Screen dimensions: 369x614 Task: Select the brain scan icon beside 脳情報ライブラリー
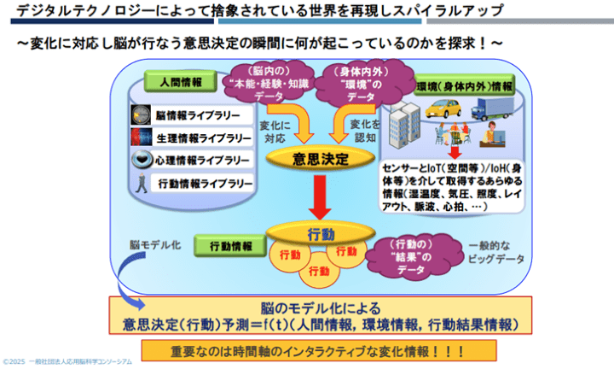click(x=141, y=114)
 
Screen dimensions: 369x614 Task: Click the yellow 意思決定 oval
click(x=319, y=157)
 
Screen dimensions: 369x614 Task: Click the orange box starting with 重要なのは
click(x=319, y=349)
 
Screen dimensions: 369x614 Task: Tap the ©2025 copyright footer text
click(x=68, y=362)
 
